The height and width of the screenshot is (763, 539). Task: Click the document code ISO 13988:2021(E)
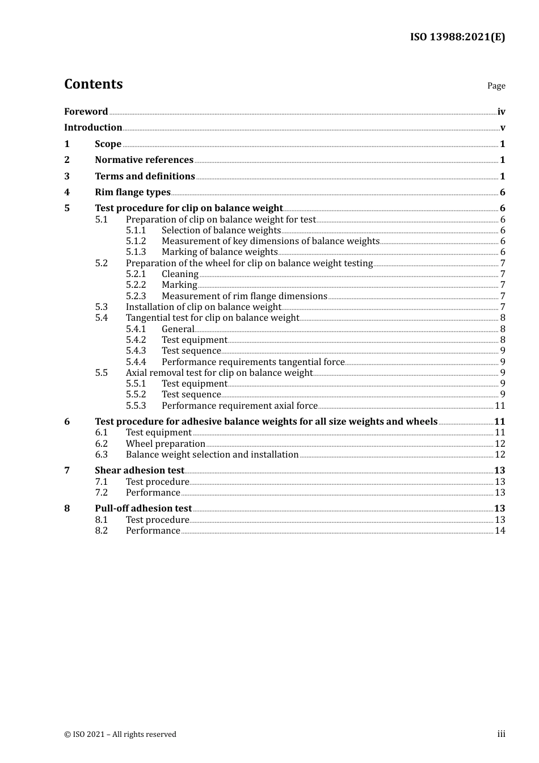point(457,37)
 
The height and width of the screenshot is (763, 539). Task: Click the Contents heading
point(93,84)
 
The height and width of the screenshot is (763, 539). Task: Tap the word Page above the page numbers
point(496,86)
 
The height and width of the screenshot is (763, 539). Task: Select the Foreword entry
point(86,111)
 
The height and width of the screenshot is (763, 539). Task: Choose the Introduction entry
point(93,127)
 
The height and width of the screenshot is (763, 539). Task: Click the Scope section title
point(108,144)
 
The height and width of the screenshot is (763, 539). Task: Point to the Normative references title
point(144,160)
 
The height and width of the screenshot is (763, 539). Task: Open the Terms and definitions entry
point(145,176)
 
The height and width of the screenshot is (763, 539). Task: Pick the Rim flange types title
point(133,192)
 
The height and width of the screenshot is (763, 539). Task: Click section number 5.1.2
point(136,241)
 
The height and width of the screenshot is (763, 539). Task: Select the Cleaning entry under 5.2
point(180,274)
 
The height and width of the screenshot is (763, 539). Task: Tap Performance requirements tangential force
point(253,362)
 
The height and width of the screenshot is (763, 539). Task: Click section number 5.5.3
point(136,405)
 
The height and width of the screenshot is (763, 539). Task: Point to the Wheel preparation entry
point(166,443)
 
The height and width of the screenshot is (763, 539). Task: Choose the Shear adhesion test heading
point(140,470)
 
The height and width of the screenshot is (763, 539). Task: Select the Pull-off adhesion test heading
point(143,508)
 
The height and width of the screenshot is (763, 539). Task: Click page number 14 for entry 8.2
point(500,530)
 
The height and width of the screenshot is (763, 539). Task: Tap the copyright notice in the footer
point(120,734)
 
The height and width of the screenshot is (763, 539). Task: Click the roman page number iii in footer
point(501,734)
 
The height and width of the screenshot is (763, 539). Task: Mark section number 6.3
point(101,454)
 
